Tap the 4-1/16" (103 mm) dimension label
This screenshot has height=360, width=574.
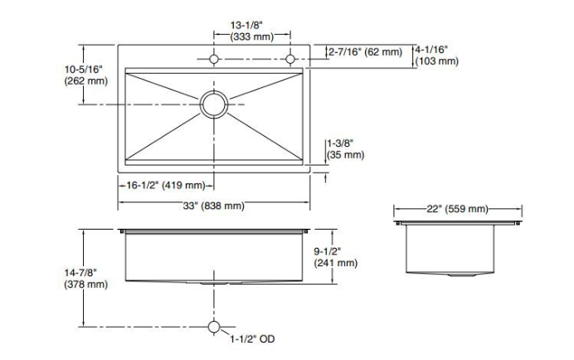(436, 55)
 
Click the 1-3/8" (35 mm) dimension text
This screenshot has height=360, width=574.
(344, 148)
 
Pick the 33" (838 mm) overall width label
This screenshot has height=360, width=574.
(214, 206)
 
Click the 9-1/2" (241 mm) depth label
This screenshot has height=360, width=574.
(336, 257)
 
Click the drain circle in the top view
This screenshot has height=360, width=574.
(214, 105)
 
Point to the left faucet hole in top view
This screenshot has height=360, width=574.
(214, 59)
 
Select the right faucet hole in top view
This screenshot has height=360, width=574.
(290, 59)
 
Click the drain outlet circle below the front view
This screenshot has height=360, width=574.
(214, 325)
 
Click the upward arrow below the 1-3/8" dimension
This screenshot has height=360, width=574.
(324, 178)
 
